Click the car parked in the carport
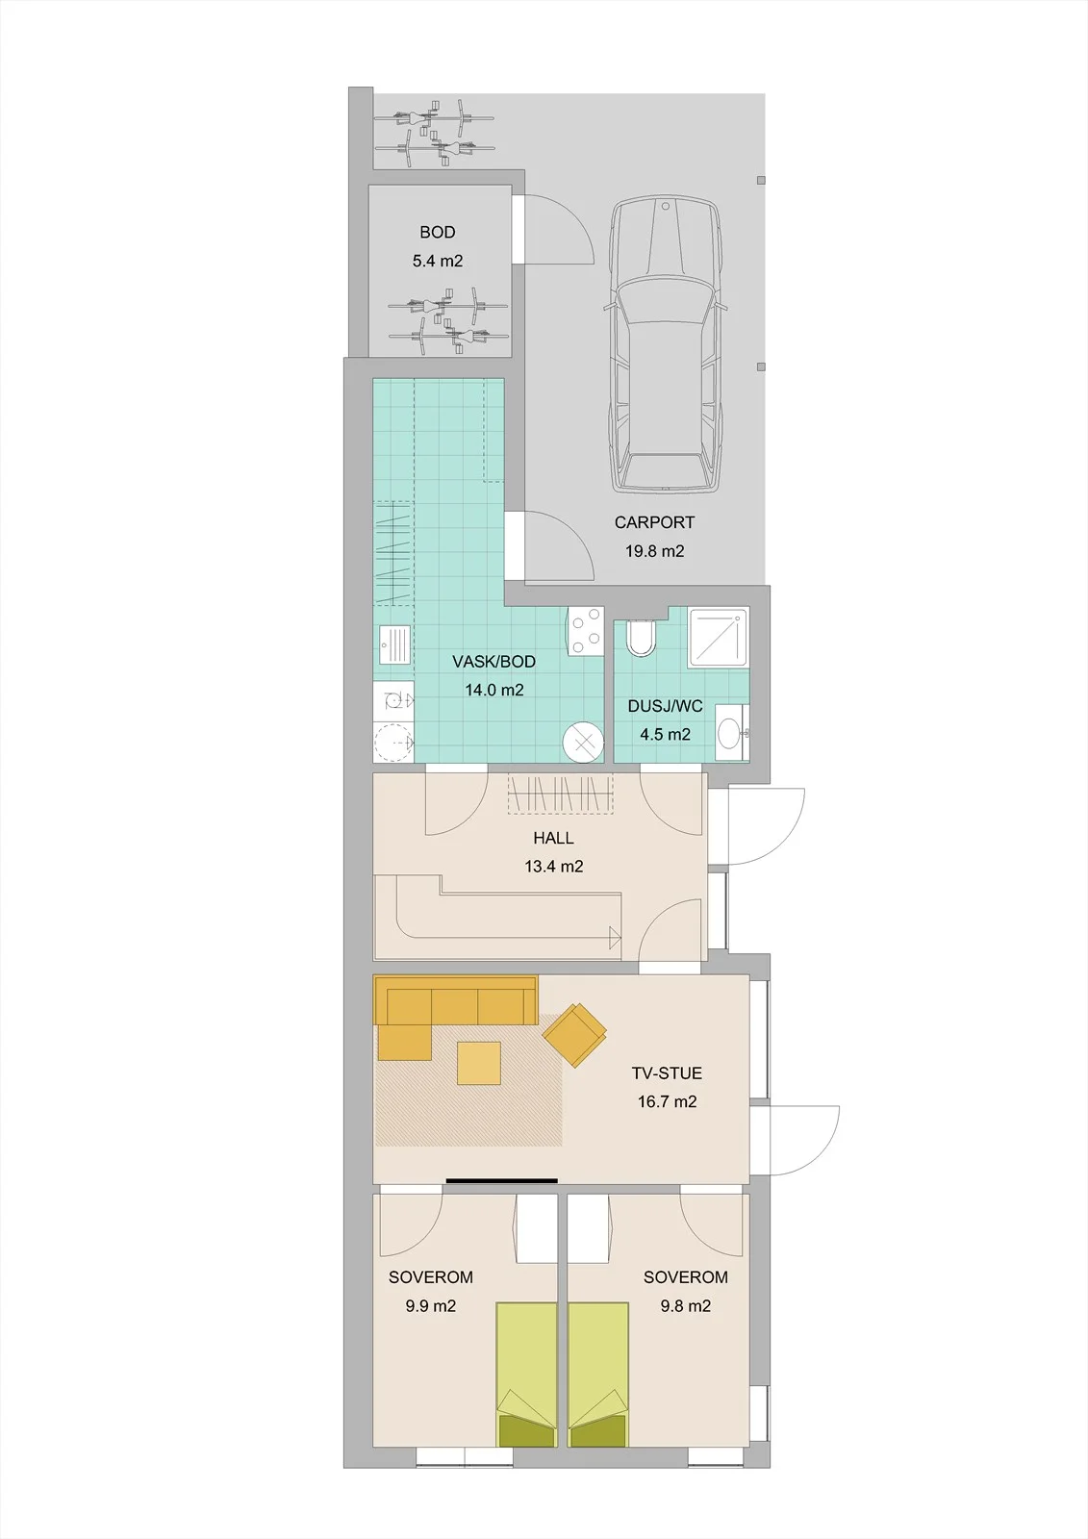pyautogui.click(x=666, y=344)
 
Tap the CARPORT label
pyautogui.click(x=654, y=522)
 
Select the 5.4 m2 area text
pyautogui.click(x=437, y=261)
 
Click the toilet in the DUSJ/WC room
pyautogui.click(x=643, y=639)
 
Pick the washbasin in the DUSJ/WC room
pyautogui.click(x=730, y=732)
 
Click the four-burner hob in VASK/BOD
pyautogui.click(x=585, y=631)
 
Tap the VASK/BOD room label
pyautogui.click(x=494, y=662)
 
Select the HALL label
pyautogui.click(x=553, y=838)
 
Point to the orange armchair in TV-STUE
pyautogui.click(x=575, y=1034)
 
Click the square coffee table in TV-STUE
pyautogui.click(x=479, y=1063)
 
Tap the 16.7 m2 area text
pyautogui.click(x=667, y=1102)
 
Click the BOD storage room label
pyautogui.click(x=437, y=232)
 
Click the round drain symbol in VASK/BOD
pyautogui.click(x=584, y=743)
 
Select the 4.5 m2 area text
pyautogui.click(x=666, y=735)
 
